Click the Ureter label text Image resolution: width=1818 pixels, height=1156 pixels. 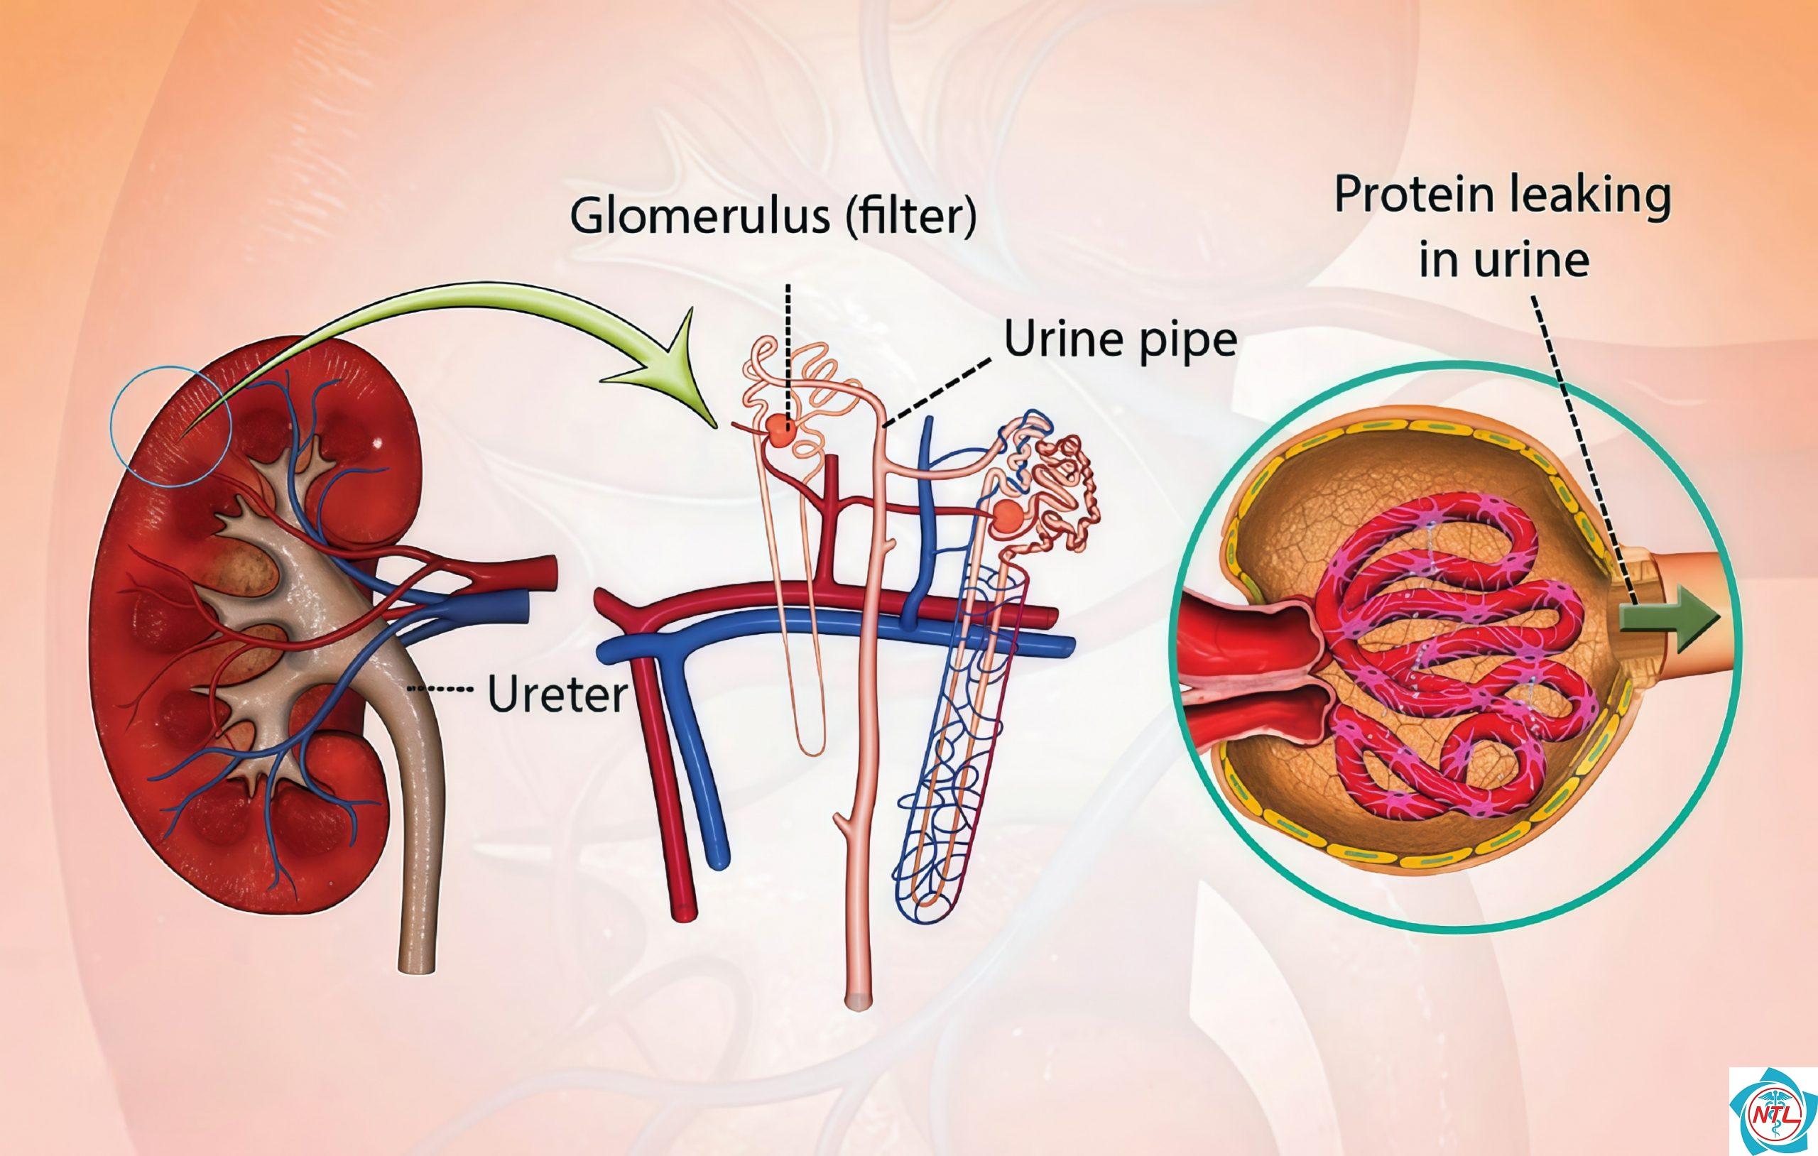557,694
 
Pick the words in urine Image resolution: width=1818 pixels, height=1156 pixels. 1504,260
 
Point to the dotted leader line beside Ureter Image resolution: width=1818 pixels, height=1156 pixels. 439,688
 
